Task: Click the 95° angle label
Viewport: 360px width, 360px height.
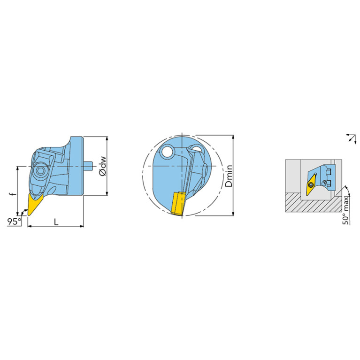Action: coord(14,222)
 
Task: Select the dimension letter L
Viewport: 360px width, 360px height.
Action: coord(56,222)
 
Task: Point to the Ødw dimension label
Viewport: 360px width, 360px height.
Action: coord(102,166)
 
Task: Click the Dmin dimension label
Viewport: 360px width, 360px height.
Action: coord(229,176)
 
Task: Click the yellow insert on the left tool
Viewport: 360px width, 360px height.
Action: coord(34,204)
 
